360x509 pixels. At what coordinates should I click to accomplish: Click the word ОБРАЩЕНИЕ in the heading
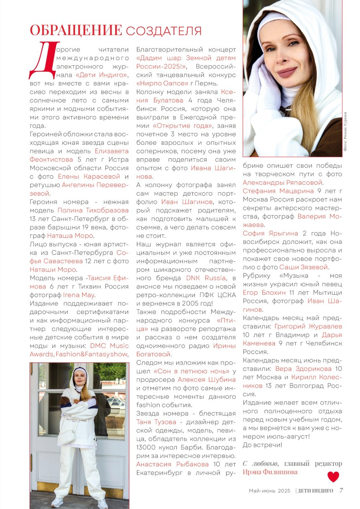pos(76,30)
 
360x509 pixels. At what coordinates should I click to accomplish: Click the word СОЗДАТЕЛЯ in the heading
pos(164,31)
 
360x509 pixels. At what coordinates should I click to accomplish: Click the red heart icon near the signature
pos(333,477)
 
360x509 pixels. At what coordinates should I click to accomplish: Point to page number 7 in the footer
pos(341,490)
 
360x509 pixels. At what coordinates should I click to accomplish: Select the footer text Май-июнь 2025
pos(270,491)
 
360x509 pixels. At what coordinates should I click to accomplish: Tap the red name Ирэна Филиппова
pos(270,472)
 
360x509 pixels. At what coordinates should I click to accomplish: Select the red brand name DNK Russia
pos(206,278)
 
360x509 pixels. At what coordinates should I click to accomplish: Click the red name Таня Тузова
pos(156,422)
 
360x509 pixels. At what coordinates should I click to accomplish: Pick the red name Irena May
pos(79,295)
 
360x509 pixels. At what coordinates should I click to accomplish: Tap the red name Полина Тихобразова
pos(93,210)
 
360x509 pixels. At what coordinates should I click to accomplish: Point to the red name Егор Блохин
pos(264,292)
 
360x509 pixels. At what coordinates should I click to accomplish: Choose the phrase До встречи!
pos(262,445)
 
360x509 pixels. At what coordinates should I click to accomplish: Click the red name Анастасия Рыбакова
pos(172,464)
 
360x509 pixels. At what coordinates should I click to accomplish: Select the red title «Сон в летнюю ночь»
pos(191,371)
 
